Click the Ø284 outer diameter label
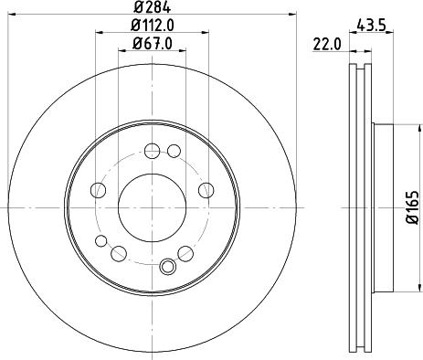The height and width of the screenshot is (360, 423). tap(152, 6)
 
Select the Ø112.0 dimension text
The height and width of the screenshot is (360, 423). tap(152, 26)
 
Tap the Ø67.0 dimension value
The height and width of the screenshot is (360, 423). tap(152, 44)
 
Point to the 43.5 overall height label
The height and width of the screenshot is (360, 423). tap(371, 25)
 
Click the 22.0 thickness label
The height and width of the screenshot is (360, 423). tap(327, 45)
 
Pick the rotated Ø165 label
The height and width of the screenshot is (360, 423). tap(413, 207)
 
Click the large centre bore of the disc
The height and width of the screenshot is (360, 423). tap(152, 207)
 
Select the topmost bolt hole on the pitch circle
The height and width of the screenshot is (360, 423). tap(152, 151)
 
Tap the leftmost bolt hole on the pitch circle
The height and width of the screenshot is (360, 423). tap(98, 190)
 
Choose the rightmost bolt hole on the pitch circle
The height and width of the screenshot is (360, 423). tap(206, 190)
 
